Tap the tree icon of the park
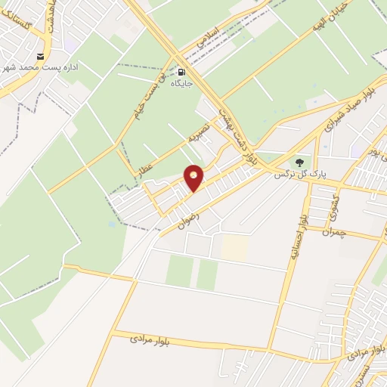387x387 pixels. coord(299,162)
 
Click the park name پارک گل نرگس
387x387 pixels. coord(299,174)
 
